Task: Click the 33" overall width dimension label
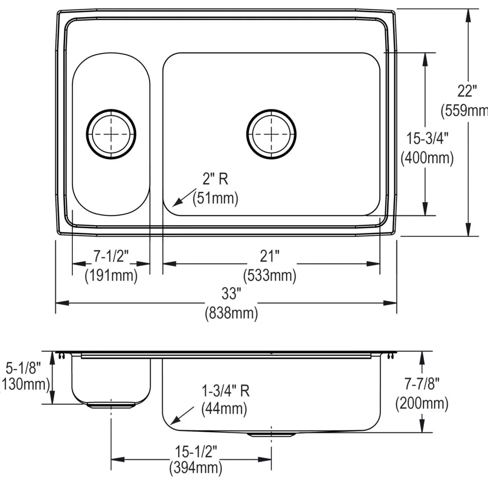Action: click(231, 294)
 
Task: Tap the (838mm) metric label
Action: click(231, 313)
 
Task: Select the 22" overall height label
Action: click(467, 91)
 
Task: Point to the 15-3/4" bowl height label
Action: click(427, 139)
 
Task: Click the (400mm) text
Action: click(427, 158)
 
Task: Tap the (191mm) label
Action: click(111, 275)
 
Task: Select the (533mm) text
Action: click(270, 275)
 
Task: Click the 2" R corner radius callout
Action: click(215, 179)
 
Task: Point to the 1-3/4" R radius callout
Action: click(225, 391)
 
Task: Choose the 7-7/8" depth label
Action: click(422, 384)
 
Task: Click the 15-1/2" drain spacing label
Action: click(196, 452)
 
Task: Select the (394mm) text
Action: click(196, 468)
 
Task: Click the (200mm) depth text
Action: click(422, 403)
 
